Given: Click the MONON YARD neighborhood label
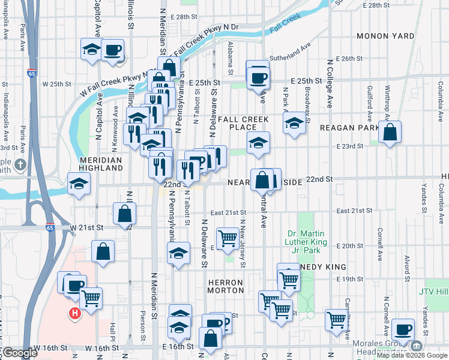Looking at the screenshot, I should (385, 36).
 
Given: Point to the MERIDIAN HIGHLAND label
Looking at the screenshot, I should (100, 164).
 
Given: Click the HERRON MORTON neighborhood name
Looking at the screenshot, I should (225, 286).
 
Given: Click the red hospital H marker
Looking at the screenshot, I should (74, 313).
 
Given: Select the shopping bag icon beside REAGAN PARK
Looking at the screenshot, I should (390, 133).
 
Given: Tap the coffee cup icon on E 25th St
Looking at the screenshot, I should (259, 77).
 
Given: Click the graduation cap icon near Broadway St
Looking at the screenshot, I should (294, 124).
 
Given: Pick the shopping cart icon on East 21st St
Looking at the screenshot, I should (228, 238).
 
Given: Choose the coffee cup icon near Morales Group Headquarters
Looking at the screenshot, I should (403, 329).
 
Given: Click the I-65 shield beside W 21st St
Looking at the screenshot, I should (49, 227).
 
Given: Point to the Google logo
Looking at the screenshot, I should (20, 353).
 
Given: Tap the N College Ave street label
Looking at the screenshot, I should (330, 84).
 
